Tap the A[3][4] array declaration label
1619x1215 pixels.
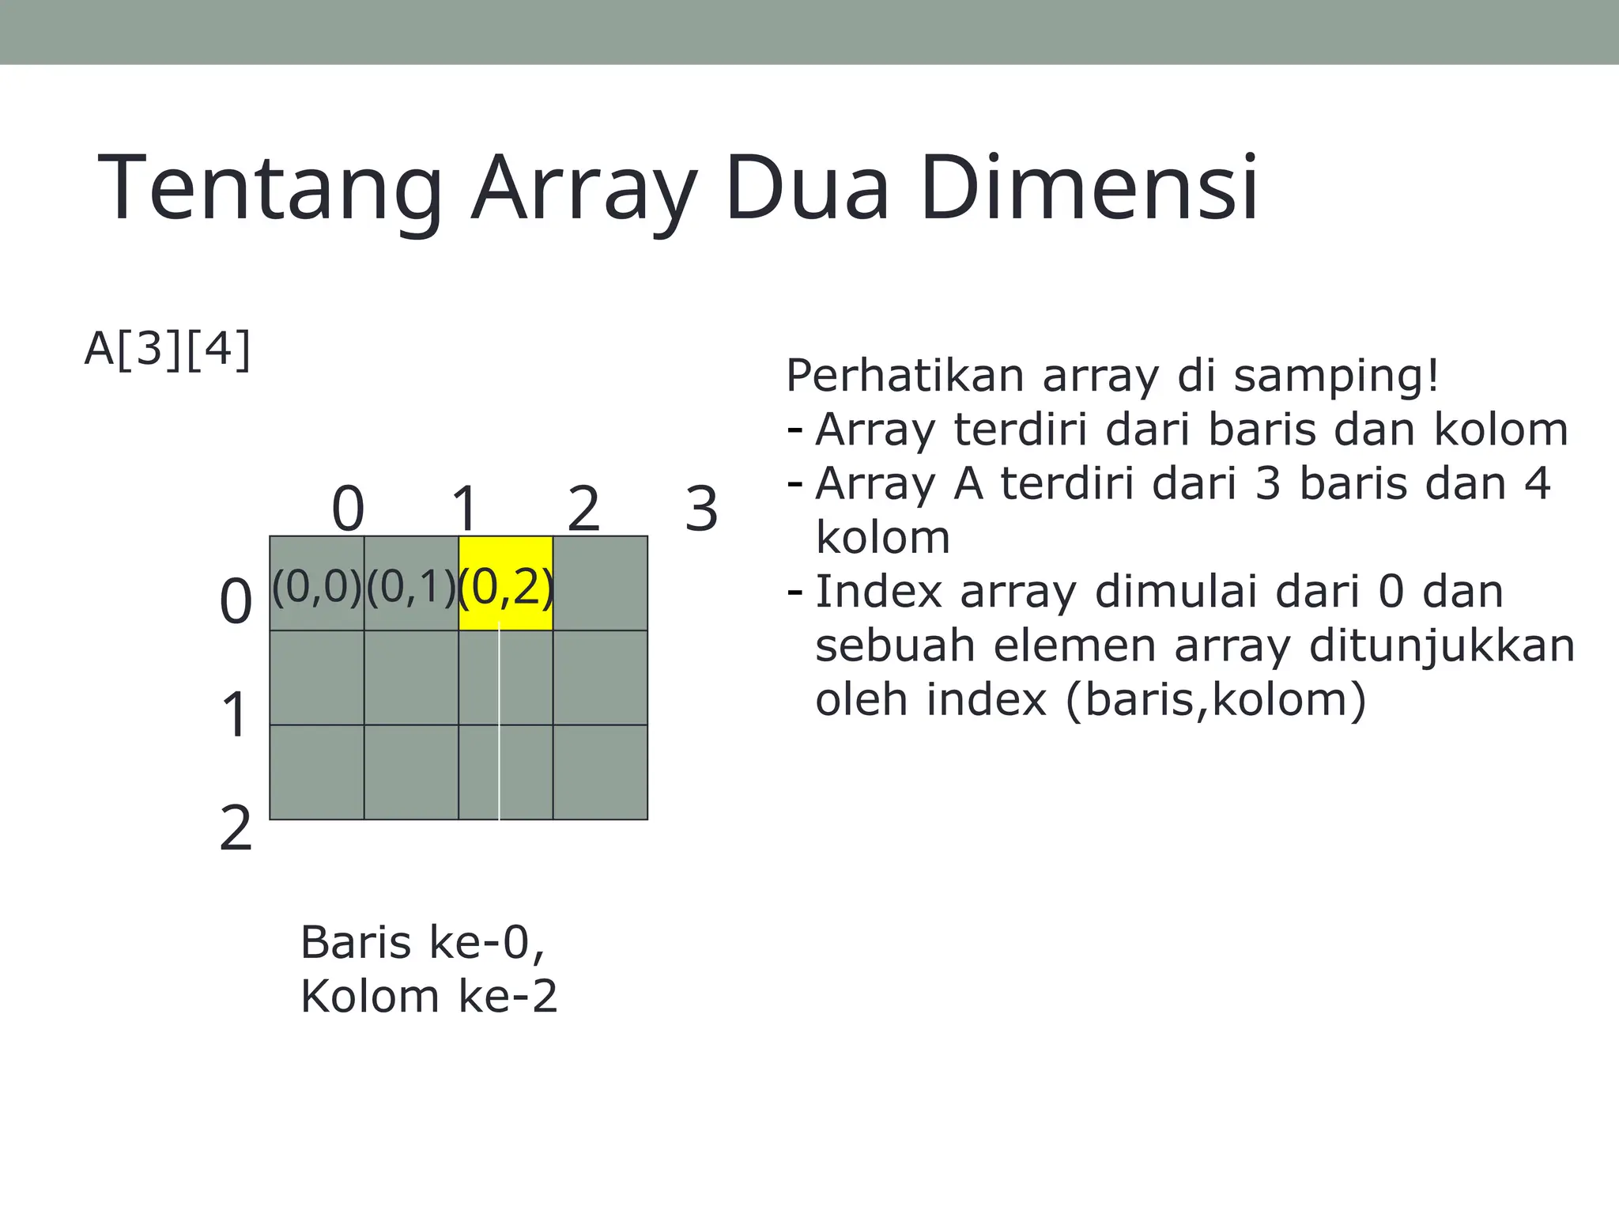(168, 349)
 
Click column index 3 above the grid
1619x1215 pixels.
(701, 509)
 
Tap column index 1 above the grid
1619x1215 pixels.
(465, 509)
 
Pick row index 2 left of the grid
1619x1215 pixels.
(236, 828)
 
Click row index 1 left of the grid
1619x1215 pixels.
(236, 714)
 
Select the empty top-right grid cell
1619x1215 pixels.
(600, 584)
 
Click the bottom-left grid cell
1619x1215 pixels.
(317, 772)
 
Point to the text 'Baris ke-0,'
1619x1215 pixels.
(422, 942)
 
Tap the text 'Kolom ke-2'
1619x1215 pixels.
(429, 996)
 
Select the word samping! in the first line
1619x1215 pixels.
(1337, 376)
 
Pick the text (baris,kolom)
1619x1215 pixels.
(1216, 700)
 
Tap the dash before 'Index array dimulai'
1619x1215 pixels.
(795, 592)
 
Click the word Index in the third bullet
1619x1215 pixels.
(879, 592)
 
